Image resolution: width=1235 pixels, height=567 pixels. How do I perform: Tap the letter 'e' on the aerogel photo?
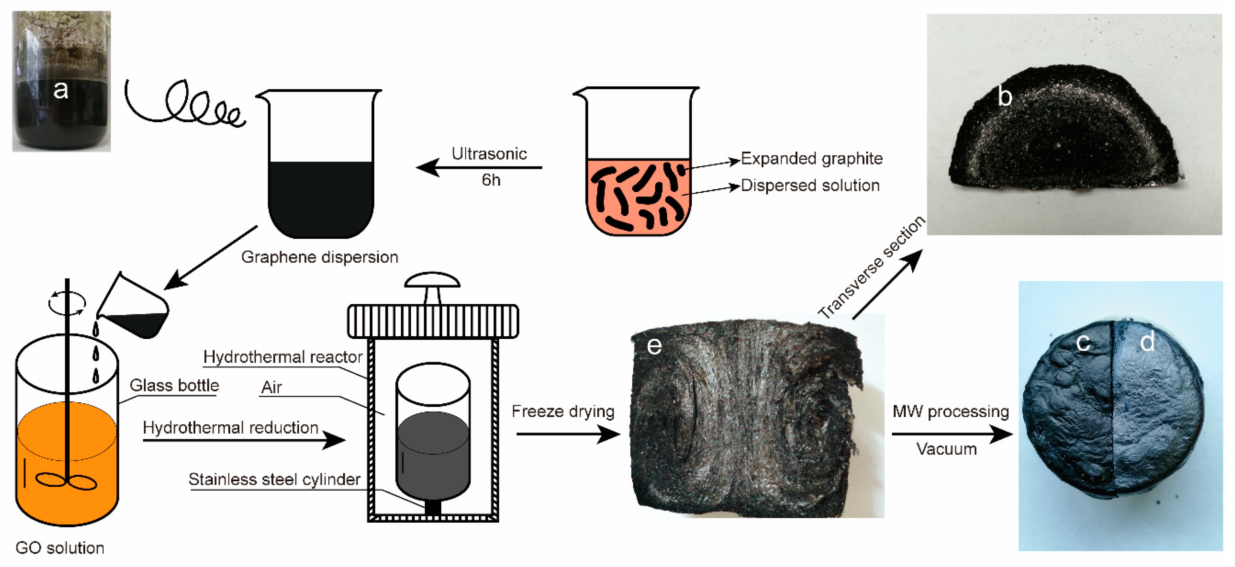pyautogui.click(x=654, y=346)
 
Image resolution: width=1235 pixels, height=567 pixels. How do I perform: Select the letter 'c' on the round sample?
pyautogui.click(x=1083, y=342)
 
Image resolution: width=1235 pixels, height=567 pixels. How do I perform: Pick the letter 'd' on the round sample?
pyautogui.click(x=1147, y=342)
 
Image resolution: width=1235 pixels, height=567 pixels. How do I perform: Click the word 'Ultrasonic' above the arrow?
pyautogui.click(x=489, y=154)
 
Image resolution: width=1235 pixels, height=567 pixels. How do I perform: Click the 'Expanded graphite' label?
pyautogui.click(x=812, y=159)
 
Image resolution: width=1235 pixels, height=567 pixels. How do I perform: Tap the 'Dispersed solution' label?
pyautogui.click(x=810, y=186)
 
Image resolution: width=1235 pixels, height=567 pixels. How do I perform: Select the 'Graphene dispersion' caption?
pyautogui.click(x=319, y=257)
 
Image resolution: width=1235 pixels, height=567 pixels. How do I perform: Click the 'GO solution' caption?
pyautogui.click(x=60, y=548)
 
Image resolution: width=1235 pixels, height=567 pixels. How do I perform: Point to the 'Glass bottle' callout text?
pyautogui.click(x=174, y=385)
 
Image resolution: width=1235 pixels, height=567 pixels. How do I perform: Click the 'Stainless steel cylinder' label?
pyautogui.click(x=274, y=479)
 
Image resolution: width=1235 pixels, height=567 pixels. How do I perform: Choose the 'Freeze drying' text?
pyautogui.click(x=563, y=411)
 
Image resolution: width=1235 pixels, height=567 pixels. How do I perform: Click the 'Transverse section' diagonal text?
pyautogui.click(x=871, y=267)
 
